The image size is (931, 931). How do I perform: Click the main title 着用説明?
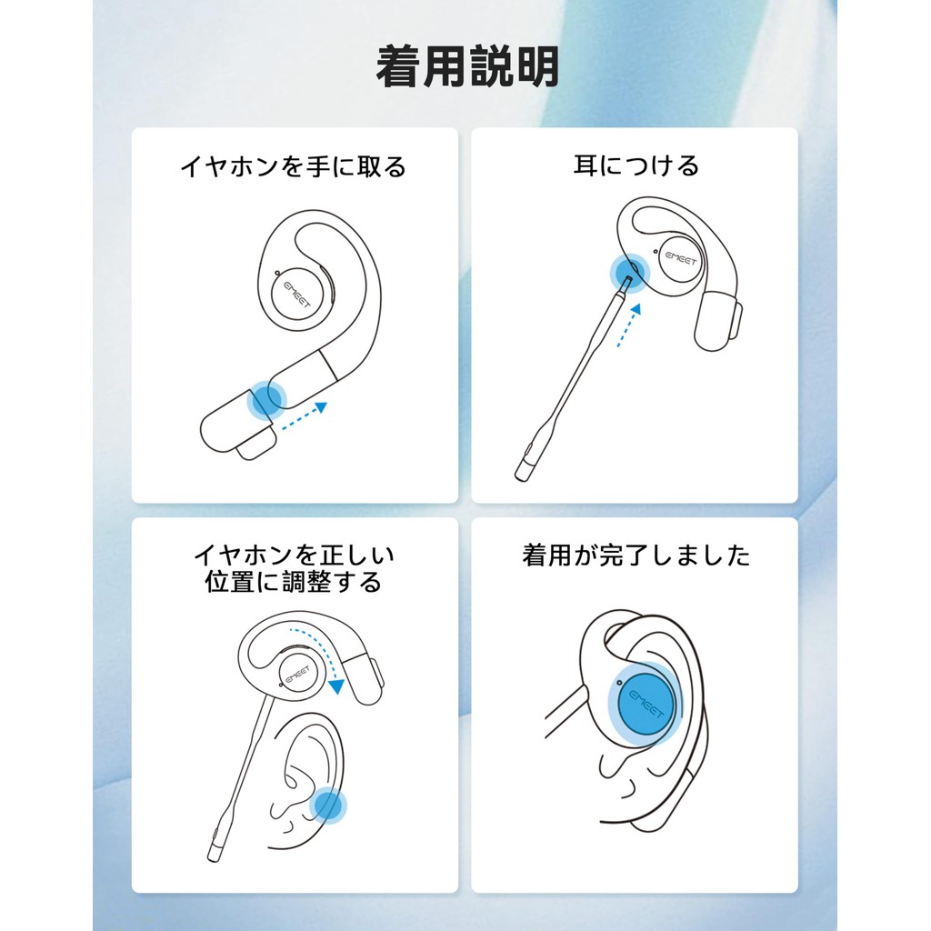[467, 66]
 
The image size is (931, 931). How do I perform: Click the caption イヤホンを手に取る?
[294, 166]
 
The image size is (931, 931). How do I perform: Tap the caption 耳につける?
[636, 165]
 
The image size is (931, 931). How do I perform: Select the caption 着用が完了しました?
[636, 556]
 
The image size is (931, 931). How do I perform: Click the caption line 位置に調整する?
[294, 582]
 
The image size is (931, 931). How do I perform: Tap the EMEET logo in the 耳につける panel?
[681, 259]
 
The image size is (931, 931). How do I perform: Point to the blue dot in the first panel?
[266, 400]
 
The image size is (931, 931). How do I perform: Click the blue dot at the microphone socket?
[630, 273]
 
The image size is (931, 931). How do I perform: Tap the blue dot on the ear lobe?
[327, 806]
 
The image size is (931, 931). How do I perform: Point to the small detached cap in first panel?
[255, 445]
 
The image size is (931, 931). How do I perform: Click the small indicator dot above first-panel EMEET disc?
[277, 273]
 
